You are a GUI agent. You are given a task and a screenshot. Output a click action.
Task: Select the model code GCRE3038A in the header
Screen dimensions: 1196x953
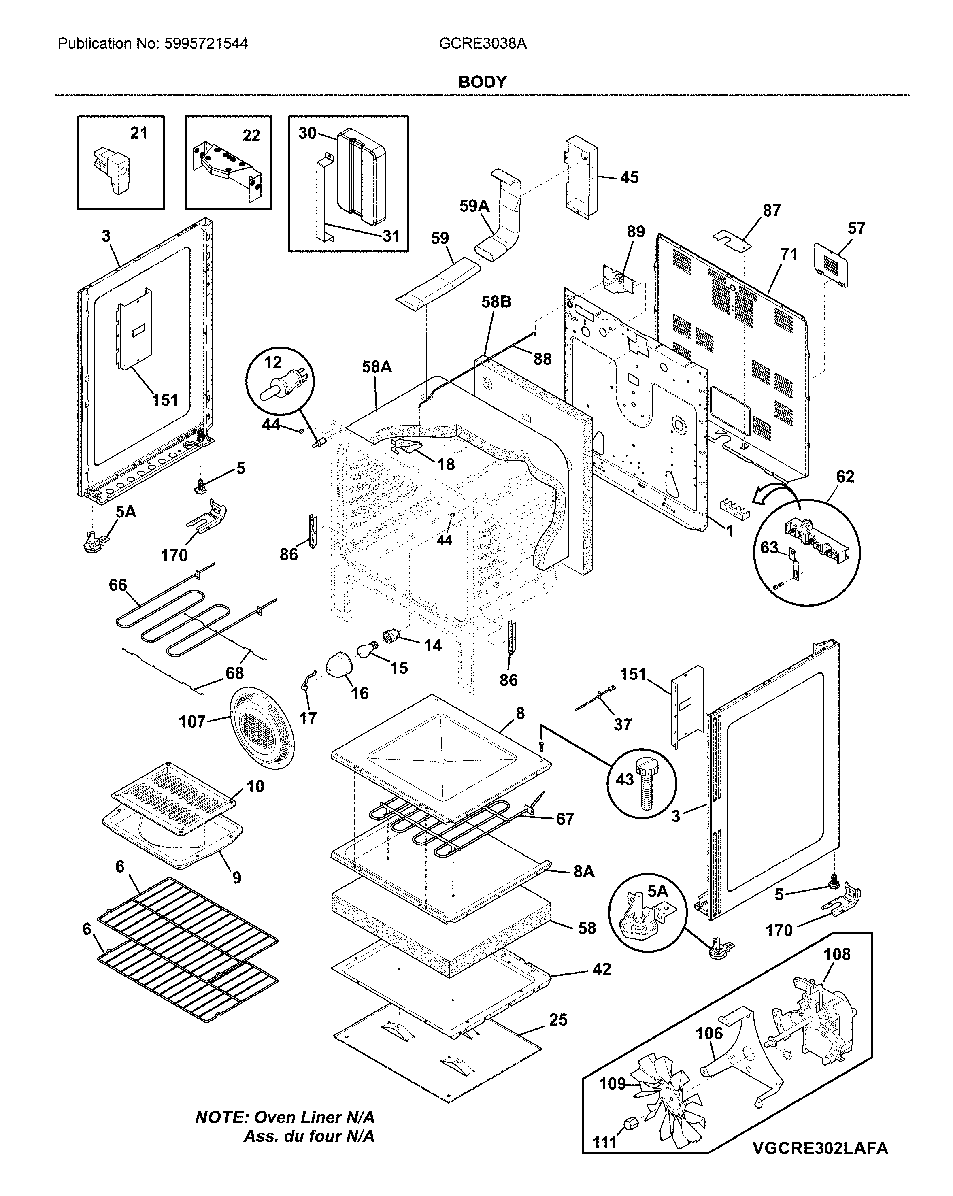click(x=482, y=43)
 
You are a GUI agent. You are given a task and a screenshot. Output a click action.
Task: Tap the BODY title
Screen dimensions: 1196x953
click(x=482, y=82)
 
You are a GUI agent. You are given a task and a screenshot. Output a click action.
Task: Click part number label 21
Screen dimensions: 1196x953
click(x=139, y=133)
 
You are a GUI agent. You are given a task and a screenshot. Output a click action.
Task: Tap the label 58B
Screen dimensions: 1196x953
click(x=496, y=302)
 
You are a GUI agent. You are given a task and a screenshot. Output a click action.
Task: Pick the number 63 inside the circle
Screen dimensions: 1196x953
click(x=769, y=548)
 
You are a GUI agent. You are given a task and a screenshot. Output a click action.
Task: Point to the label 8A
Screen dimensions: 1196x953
click(x=583, y=871)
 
